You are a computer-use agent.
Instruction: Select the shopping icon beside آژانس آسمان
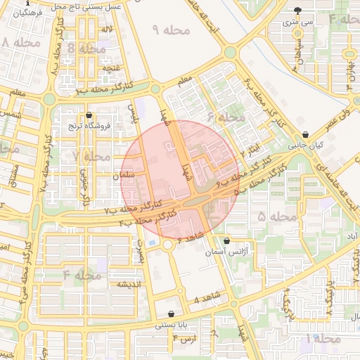point(225,240)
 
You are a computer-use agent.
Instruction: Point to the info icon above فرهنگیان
point(27,4)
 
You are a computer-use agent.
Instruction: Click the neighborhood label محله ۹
point(171,30)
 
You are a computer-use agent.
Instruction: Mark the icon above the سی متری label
point(300,11)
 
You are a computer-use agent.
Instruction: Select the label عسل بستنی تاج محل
point(91,6)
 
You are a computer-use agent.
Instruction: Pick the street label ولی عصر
point(339,120)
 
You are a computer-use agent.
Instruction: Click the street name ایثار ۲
point(254,148)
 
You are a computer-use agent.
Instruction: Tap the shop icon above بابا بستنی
point(172,314)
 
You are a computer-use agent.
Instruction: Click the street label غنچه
point(113,67)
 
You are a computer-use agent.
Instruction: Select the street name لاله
point(107,29)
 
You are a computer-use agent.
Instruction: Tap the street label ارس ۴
point(184,339)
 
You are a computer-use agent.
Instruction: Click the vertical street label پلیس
point(131,112)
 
